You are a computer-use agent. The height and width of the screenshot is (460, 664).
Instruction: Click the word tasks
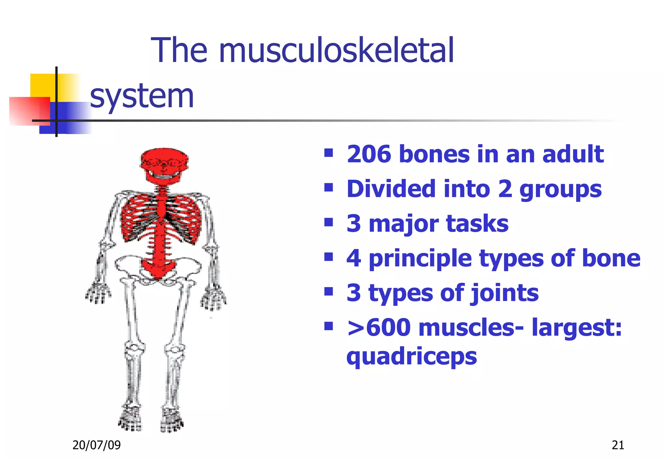(477, 224)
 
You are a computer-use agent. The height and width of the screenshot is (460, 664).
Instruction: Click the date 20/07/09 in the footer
(96, 445)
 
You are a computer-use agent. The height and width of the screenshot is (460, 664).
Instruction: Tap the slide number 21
(618, 445)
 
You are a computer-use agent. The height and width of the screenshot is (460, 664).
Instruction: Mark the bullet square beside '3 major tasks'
(329, 222)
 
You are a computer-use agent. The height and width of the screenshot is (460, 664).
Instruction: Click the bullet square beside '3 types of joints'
(329, 292)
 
